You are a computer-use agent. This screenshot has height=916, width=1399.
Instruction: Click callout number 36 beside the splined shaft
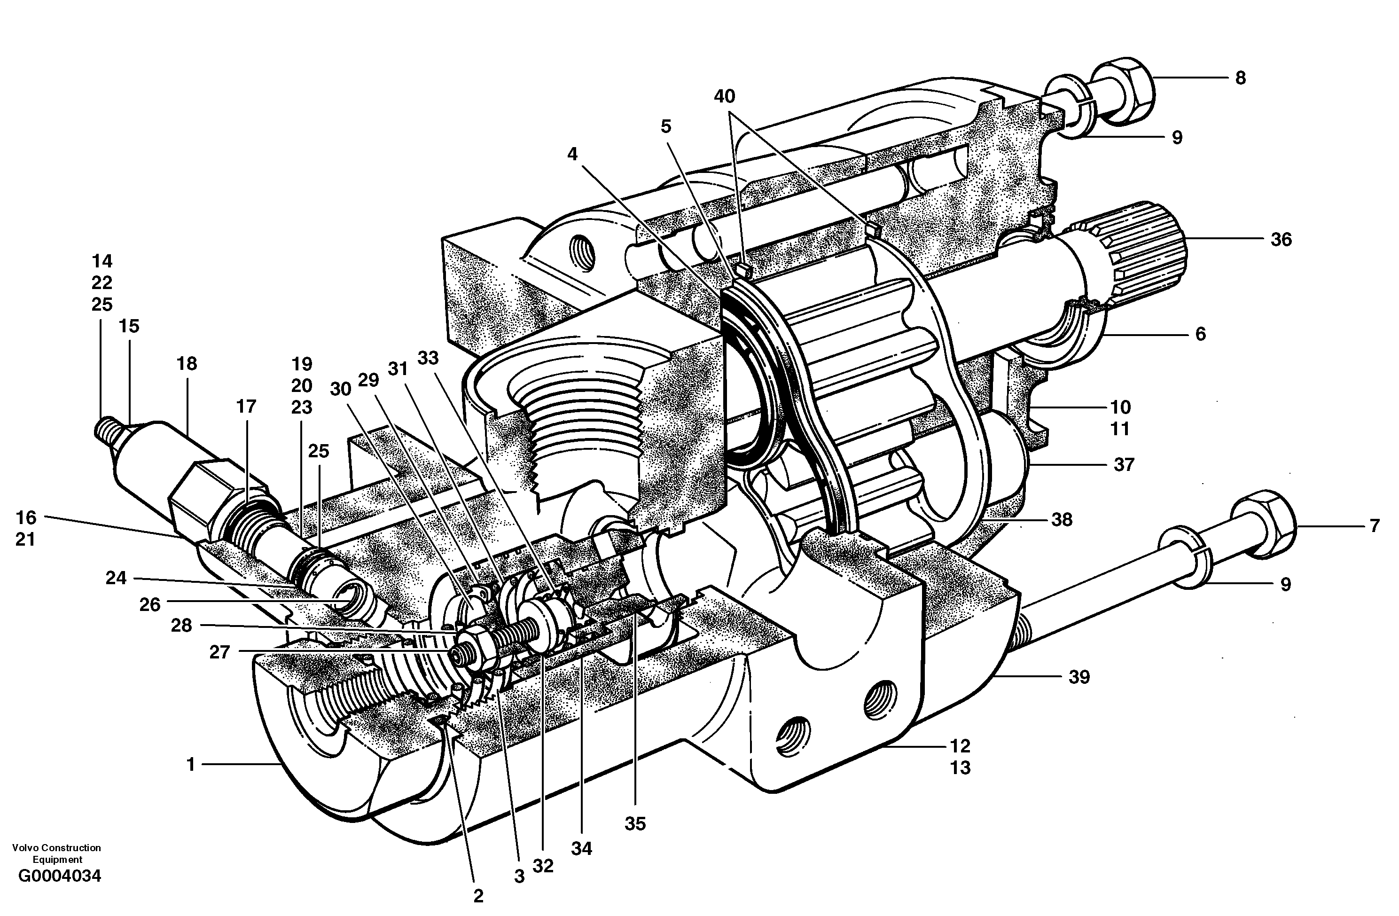(x=1281, y=240)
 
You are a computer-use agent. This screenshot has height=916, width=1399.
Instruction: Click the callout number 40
(x=724, y=96)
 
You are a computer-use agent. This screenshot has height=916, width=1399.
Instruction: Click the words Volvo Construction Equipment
(x=56, y=853)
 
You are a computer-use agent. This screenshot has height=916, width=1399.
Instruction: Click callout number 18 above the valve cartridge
(x=187, y=364)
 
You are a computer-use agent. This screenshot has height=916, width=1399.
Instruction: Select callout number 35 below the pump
(x=635, y=824)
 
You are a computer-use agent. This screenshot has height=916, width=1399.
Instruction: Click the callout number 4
(x=572, y=155)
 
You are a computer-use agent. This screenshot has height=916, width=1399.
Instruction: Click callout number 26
(x=150, y=604)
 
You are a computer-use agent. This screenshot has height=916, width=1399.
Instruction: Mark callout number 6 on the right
(x=1200, y=334)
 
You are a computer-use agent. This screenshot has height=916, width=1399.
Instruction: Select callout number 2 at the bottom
(x=478, y=896)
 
